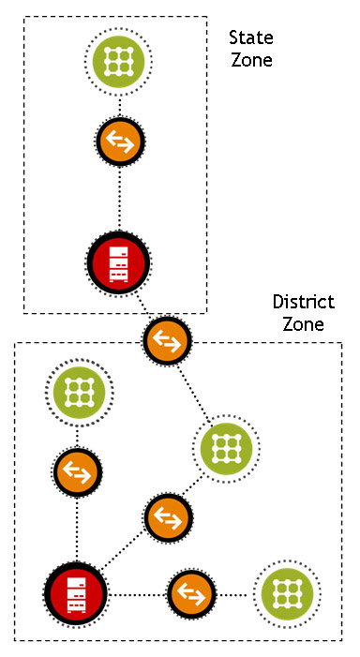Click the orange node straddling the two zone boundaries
point(167,339)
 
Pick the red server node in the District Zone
point(75,592)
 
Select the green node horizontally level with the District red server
point(287,593)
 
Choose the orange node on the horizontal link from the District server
point(191,593)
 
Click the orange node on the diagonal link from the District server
point(168,515)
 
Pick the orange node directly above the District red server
point(78,470)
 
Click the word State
point(250,39)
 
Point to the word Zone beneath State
point(250,60)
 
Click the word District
point(303,304)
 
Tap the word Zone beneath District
point(303,325)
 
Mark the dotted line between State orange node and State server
point(120,197)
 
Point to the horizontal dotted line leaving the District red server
point(135,593)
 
